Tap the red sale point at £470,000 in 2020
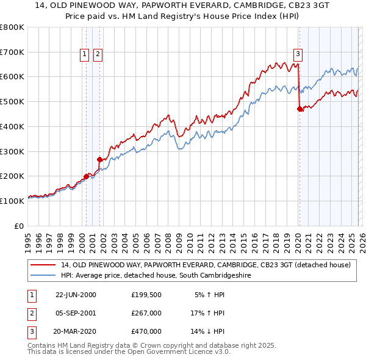(300, 109)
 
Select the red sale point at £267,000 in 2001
(99, 159)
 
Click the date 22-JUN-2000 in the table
(76, 295)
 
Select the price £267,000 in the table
(146, 313)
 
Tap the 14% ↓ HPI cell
(207, 331)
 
